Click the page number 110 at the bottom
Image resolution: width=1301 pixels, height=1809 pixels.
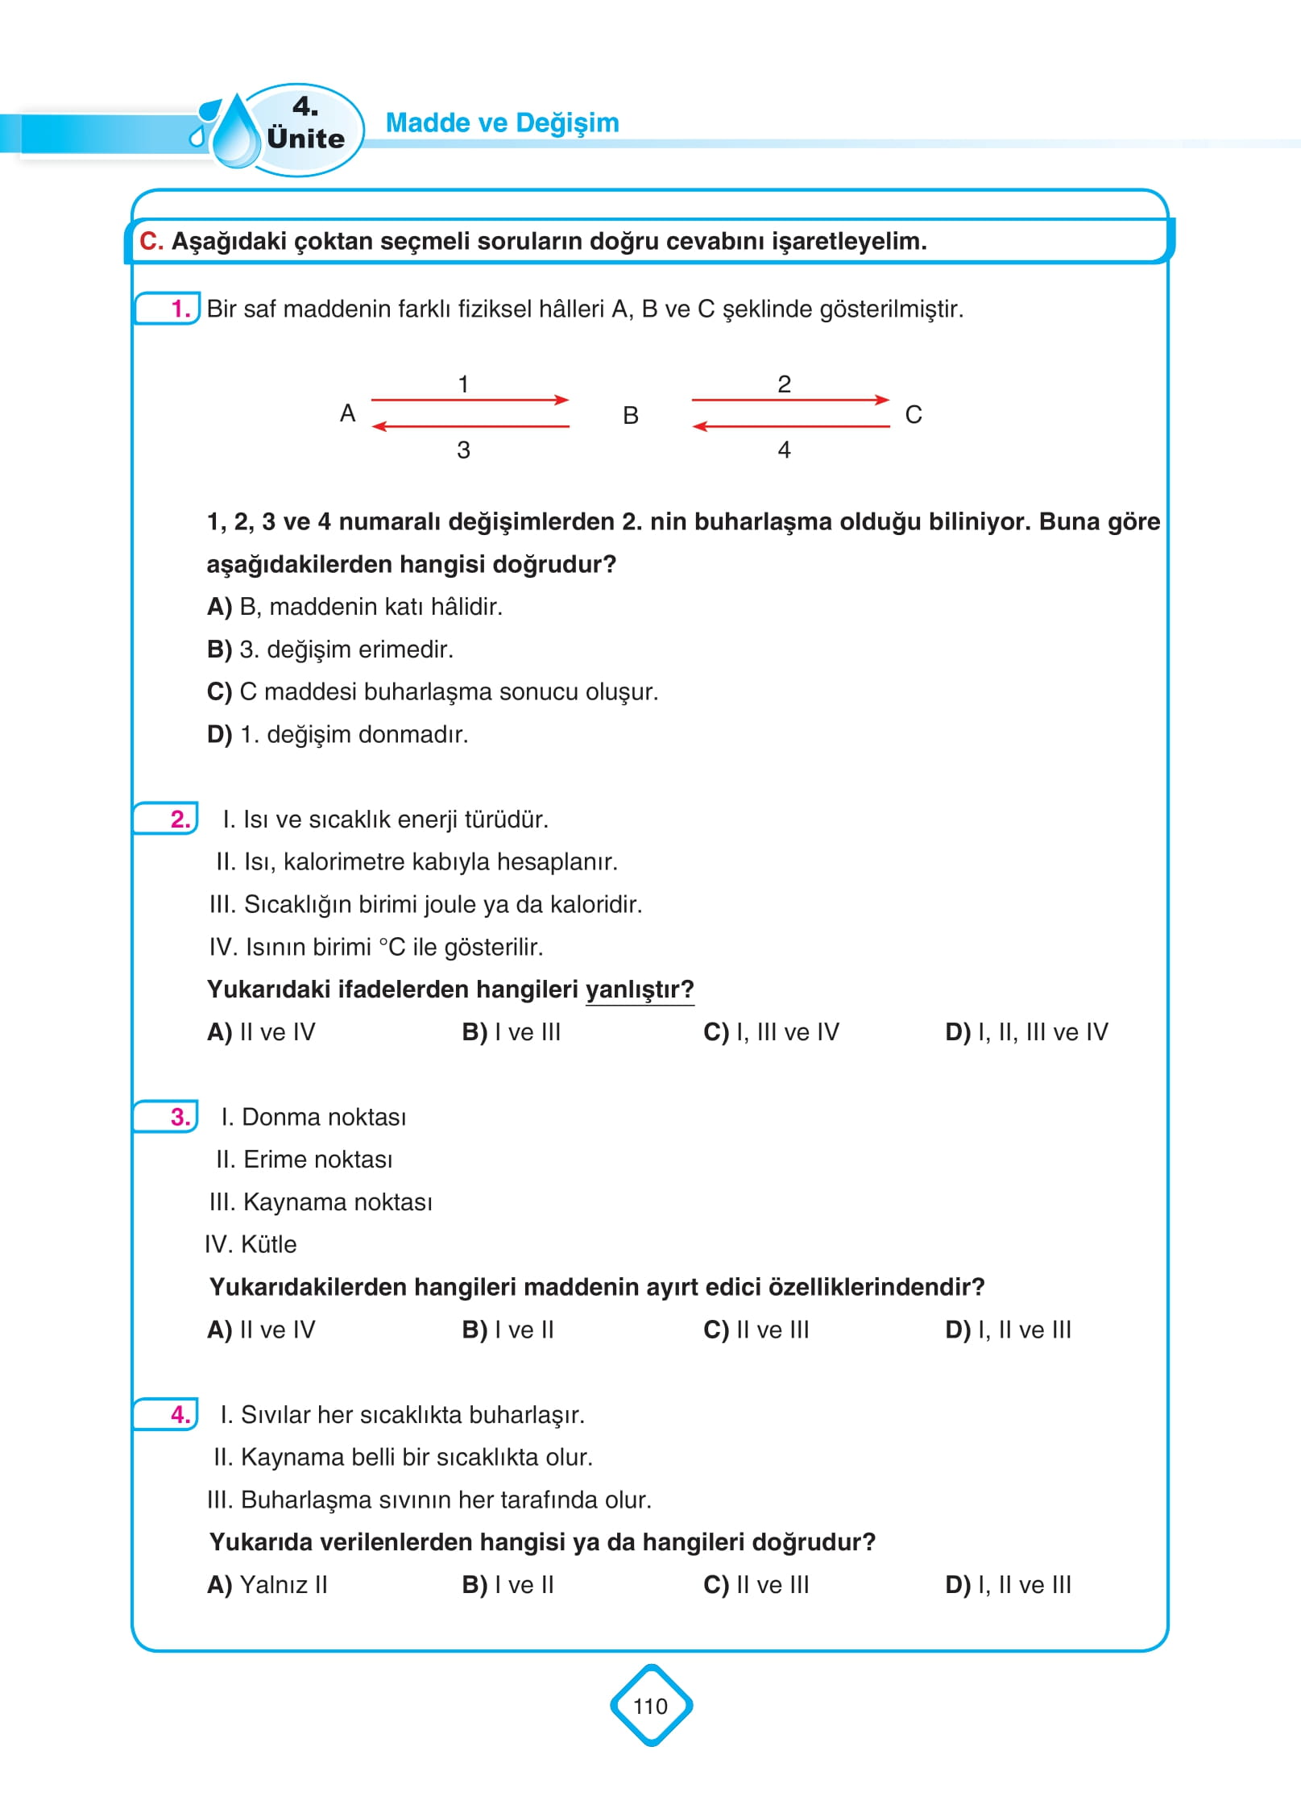(x=650, y=1706)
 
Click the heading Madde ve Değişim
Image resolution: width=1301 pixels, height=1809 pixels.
(x=502, y=122)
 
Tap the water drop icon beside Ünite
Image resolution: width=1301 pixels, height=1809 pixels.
(x=234, y=133)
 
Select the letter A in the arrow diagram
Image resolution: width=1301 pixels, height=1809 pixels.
(x=347, y=413)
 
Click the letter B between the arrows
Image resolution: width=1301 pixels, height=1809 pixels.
(x=631, y=416)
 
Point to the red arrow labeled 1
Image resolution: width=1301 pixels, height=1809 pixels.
(x=470, y=400)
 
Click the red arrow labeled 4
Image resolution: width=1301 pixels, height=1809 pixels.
(x=790, y=426)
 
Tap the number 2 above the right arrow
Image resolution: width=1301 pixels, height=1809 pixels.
(x=784, y=384)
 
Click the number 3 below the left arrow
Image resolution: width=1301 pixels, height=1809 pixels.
(x=463, y=450)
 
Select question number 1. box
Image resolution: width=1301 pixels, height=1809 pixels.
(x=168, y=309)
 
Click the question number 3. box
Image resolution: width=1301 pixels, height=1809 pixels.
(x=167, y=1117)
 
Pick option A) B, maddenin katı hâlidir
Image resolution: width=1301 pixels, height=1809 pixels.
(x=354, y=607)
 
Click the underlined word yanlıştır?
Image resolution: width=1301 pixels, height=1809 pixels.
(x=639, y=990)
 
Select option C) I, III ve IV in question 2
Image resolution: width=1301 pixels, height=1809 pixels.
(x=771, y=1032)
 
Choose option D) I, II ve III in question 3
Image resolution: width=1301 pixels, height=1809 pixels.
(x=1008, y=1330)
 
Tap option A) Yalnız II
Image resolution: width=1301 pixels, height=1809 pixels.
(x=267, y=1585)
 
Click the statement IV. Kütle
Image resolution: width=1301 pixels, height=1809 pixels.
(x=251, y=1244)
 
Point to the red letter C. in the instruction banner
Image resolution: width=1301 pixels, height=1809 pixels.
(x=151, y=241)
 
